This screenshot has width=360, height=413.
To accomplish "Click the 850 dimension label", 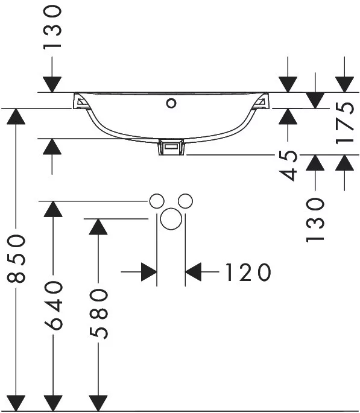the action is pyautogui.click(x=16, y=259).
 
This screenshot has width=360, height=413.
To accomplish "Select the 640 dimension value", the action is pyautogui.click(x=53, y=305).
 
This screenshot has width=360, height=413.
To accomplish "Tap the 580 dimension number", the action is pyautogui.click(x=98, y=314).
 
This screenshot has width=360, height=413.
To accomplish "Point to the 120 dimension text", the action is pyautogui.click(x=248, y=272).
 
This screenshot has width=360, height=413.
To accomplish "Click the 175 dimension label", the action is pyautogui.click(x=345, y=122).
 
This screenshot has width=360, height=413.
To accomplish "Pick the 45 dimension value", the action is pyautogui.click(x=288, y=165).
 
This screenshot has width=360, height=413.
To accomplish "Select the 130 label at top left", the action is pyautogui.click(x=52, y=27).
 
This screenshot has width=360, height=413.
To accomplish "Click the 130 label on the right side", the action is pyautogui.click(x=315, y=220).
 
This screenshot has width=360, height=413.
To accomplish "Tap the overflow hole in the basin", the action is pyautogui.click(x=171, y=103).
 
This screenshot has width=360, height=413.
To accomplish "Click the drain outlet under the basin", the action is pyautogui.click(x=171, y=148).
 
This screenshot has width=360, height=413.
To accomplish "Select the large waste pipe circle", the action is pyautogui.click(x=171, y=219).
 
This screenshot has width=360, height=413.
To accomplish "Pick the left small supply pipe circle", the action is pyautogui.click(x=157, y=201).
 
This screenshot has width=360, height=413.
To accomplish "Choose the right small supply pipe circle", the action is pyautogui.click(x=185, y=201).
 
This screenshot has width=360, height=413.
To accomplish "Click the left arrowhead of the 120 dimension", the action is pyautogui.click(x=149, y=272).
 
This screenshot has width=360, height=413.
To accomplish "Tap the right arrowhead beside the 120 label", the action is pyautogui.click(x=194, y=271).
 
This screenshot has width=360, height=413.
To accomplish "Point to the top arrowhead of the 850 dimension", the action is pyautogui.click(x=16, y=116).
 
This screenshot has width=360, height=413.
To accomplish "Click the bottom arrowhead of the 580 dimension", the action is pyautogui.click(x=98, y=403).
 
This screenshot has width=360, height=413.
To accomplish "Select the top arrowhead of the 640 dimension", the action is pyautogui.click(x=53, y=209).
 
